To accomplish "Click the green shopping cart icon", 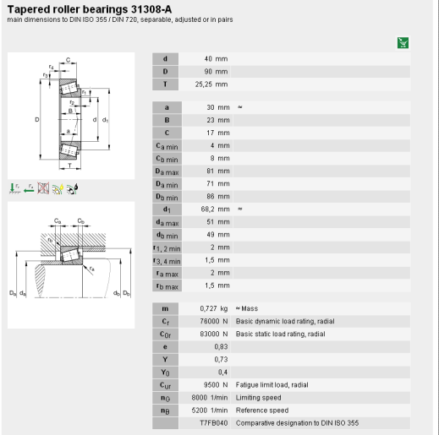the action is coord(403,43).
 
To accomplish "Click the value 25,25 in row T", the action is coord(204,84).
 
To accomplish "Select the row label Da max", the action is coord(167,171).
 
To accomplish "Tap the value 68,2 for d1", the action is coord(207,209).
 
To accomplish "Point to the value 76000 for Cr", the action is coord(210,321).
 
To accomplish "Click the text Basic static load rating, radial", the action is coord(280,334).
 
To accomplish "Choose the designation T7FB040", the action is coord(214,423).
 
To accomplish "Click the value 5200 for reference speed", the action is coord(200,411).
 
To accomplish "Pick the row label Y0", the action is coord(165,372).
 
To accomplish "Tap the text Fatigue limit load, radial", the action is coord(272,385).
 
